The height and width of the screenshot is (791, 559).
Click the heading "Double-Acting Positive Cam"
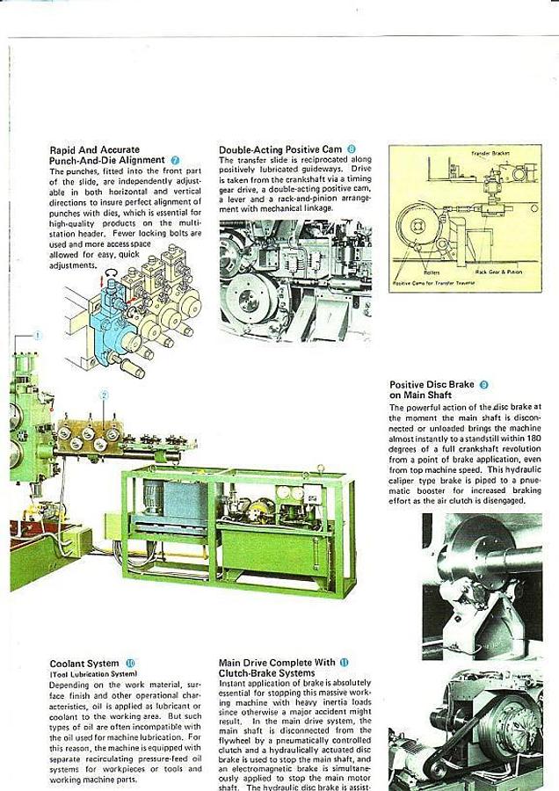pos(280,149)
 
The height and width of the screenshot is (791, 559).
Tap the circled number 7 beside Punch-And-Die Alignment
pos(176,160)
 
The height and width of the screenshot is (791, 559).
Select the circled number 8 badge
pos(352,149)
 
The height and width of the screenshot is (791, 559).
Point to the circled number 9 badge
pos(484,385)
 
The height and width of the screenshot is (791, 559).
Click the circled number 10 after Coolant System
pos(131,664)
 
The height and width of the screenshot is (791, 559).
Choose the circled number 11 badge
pos(344,662)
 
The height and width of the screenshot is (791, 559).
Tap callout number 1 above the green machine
pos(38,335)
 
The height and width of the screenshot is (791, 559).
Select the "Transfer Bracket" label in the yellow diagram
pos(490,154)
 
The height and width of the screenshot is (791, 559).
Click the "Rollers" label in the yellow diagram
pos(432,272)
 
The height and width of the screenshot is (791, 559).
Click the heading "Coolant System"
pos(84,664)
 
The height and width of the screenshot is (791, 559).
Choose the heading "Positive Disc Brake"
pos(432,385)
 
